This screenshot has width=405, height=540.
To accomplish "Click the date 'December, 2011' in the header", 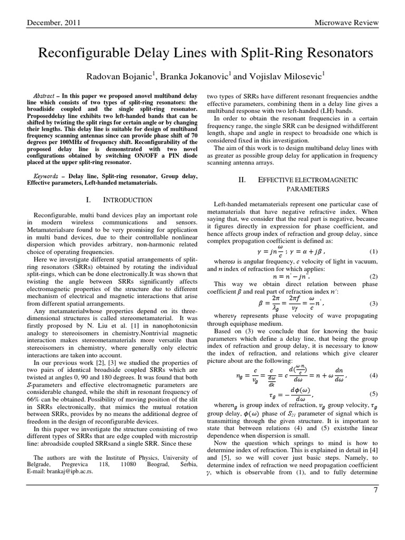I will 49,24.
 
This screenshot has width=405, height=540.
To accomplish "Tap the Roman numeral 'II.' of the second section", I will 243,180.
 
